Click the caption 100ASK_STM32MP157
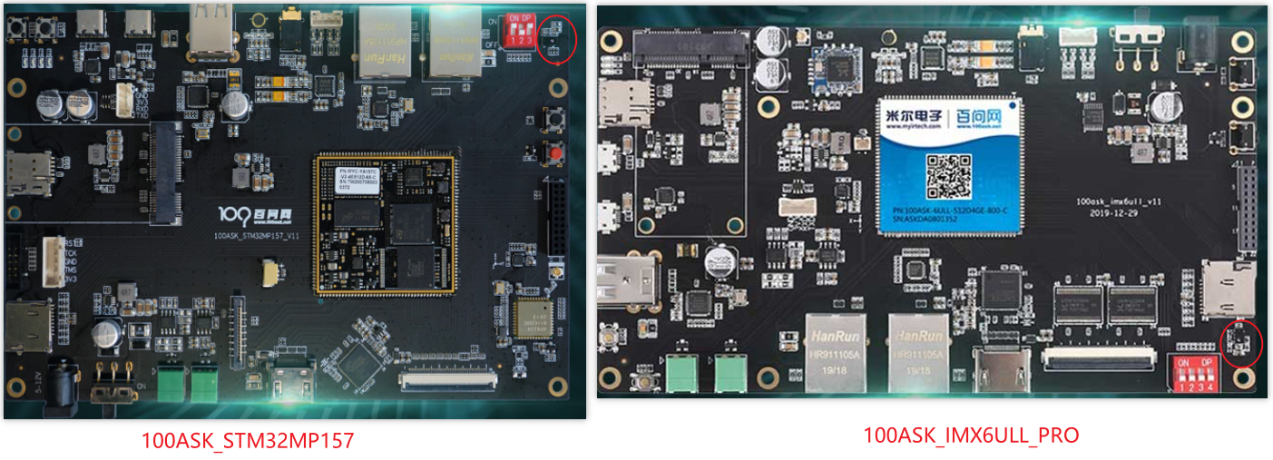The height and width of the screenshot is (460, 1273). click(x=247, y=441)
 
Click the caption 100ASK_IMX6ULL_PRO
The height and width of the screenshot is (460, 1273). click(x=971, y=436)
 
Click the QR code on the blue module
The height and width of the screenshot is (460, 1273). click(x=946, y=176)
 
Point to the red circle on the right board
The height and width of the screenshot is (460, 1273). click(x=1240, y=343)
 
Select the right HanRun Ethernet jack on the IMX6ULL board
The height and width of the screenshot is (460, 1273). click(x=918, y=352)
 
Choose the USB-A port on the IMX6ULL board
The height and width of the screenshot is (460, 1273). click(x=626, y=280)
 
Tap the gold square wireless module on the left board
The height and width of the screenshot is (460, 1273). click(x=533, y=318)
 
